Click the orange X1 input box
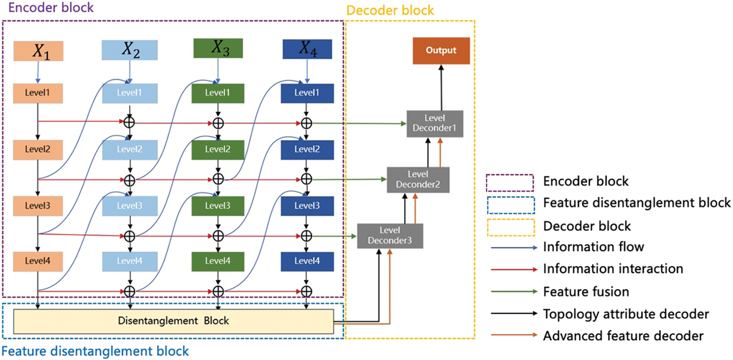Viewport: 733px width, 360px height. [38, 51]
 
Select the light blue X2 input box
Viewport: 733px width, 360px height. [130, 50]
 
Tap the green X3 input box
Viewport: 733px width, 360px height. [218, 48]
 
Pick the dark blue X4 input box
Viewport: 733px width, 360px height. [307, 49]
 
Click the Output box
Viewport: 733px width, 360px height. [441, 51]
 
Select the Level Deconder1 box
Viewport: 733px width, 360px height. [435, 124]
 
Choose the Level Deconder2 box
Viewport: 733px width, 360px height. [418, 180]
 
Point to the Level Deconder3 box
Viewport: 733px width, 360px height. [390, 236]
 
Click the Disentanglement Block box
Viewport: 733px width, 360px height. [174, 321]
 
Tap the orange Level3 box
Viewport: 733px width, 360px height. [38, 206]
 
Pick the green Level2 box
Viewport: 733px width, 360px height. [218, 150]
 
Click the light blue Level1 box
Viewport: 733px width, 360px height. [130, 93]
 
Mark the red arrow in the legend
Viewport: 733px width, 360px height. [514, 270]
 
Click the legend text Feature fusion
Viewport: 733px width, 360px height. [586, 292]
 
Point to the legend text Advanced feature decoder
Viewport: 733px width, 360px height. [623, 336]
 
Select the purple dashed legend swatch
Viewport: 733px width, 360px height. [510, 183]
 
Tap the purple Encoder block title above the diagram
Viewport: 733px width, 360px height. [51, 8]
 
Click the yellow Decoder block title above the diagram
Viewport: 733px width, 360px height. [390, 10]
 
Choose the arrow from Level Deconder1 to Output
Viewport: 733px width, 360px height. [441, 88]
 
